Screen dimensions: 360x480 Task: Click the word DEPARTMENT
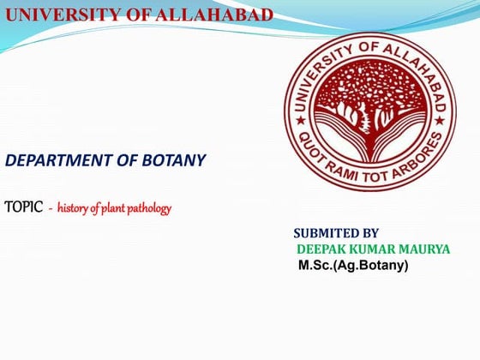(x=60, y=160)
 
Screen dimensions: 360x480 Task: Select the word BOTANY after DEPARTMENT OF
(x=176, y=160)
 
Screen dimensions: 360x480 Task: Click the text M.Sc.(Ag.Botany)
(x=353, y=266)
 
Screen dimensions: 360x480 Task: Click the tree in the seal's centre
(x=370, y=107)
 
